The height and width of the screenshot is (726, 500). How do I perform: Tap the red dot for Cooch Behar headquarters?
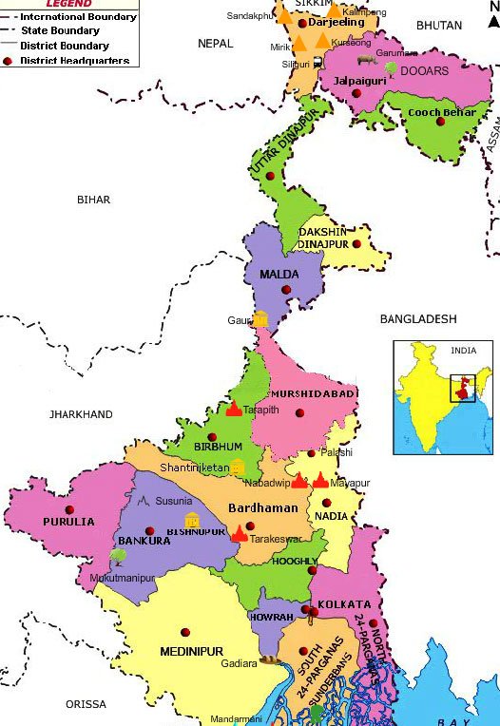[441, 121]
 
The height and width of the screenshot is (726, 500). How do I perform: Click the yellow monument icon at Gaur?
[260, 319]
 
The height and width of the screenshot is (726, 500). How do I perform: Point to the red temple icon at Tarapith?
[234, 409]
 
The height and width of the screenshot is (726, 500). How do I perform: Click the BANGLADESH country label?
[418, 319]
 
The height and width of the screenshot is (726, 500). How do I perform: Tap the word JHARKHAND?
[81, 414]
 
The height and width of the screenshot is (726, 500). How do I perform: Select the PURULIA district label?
[68, 522]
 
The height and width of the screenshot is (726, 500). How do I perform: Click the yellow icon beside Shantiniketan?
[238, 467]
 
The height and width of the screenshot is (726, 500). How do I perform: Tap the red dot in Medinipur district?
[185, 630]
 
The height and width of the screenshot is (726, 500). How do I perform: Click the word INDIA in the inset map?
[463, 351]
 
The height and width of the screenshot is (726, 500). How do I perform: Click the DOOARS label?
[424, 70]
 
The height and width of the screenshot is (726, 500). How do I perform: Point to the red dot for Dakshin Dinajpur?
[357, 243]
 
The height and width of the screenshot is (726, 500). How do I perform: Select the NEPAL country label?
[215, 44]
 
